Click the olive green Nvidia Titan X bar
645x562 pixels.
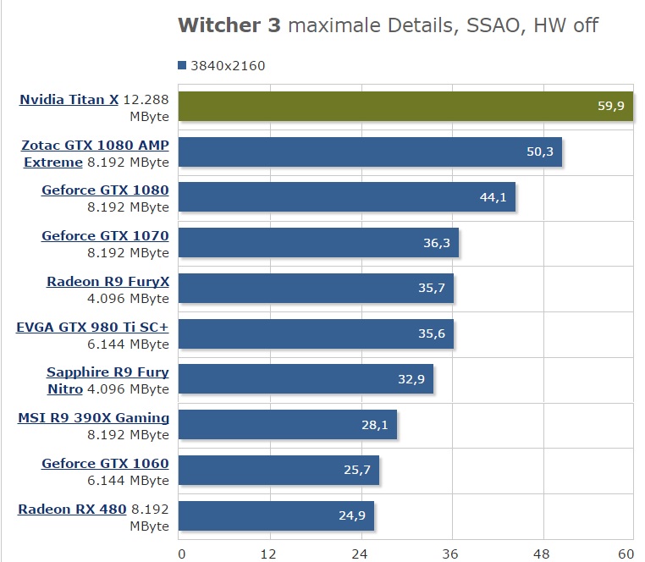406,106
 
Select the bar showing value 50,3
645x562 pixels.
370,152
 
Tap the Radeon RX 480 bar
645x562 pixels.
277,515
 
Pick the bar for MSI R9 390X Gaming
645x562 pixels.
288,425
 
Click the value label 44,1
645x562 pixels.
493,197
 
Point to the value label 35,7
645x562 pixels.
432,289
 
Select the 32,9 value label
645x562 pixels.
411,379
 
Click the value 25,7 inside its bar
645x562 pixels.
357,470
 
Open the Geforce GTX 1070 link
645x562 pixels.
105,236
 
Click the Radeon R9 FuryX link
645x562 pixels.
107,282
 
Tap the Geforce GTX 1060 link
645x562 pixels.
105,463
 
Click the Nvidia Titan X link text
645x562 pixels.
69,99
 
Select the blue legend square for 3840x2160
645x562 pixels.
182,65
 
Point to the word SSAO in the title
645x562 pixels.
484,25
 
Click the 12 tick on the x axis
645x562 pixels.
270,554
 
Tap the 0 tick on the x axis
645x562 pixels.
180,554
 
